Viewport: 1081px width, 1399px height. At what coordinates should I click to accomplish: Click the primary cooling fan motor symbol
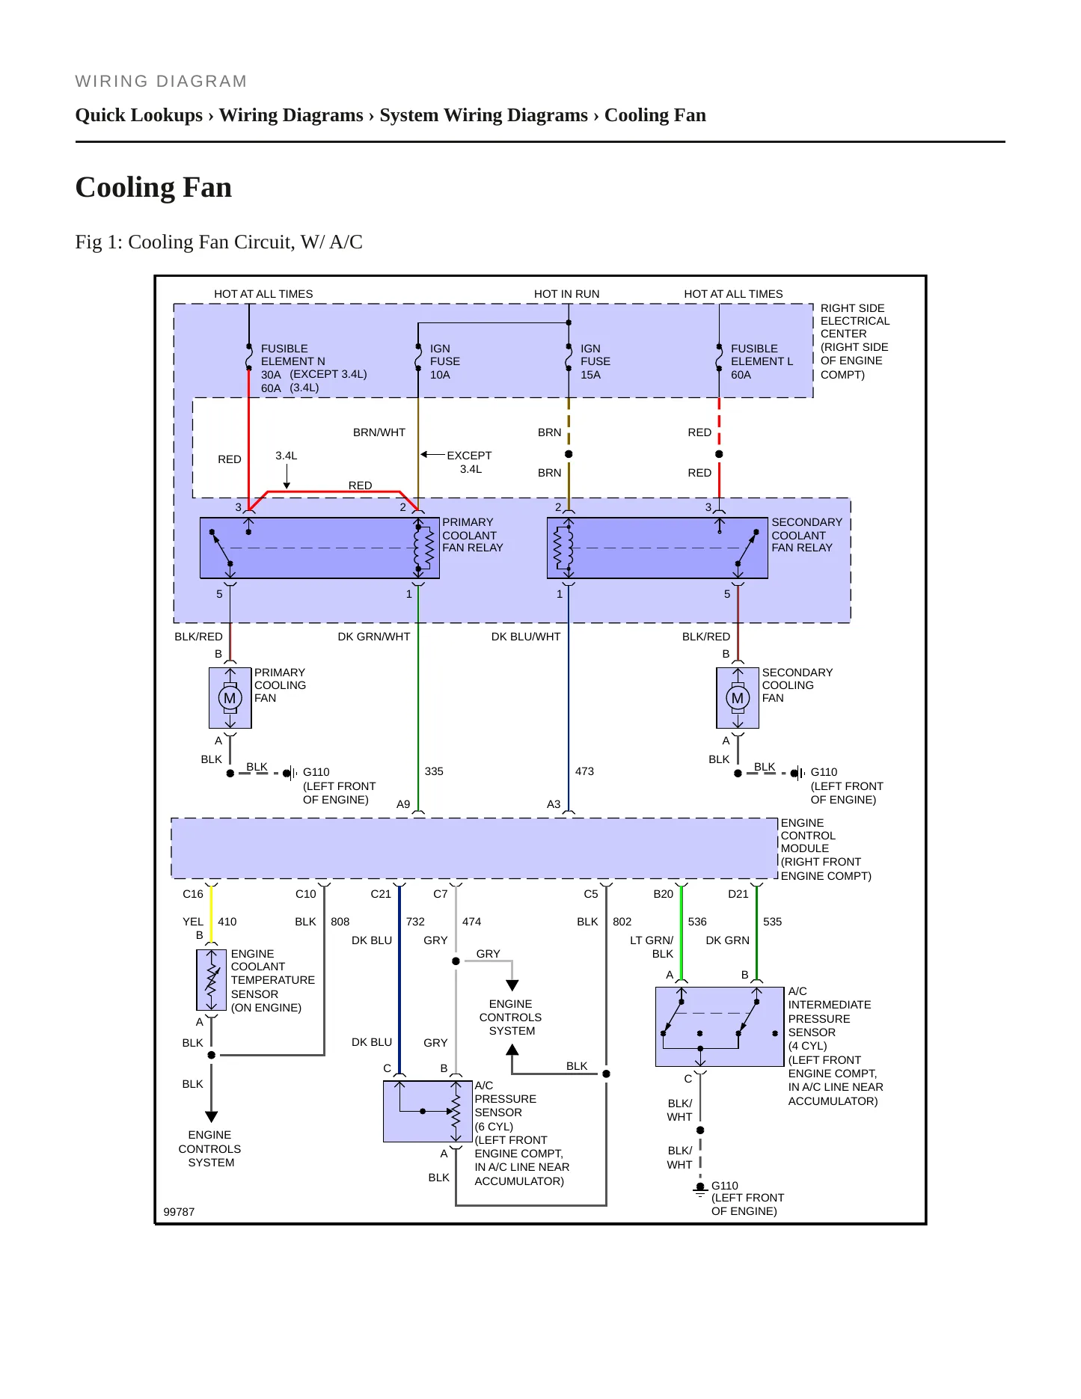(x=230, y=698)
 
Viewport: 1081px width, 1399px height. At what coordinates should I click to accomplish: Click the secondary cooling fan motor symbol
(x=738, y=698)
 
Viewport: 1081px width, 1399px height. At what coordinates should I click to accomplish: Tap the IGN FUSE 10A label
(x=444, y=361)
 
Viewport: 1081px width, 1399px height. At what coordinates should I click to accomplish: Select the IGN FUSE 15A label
(x=595, y=361)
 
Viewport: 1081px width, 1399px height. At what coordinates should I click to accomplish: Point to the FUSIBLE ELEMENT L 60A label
(x=762, y=361)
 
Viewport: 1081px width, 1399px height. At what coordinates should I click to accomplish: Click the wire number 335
(x=434, y=771)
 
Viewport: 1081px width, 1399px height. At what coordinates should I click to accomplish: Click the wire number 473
(x=584, y=771)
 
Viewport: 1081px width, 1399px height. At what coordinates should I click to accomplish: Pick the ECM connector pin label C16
(x=193, y=894)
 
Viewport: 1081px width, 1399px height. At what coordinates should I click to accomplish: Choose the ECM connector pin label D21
(x=738, y=894)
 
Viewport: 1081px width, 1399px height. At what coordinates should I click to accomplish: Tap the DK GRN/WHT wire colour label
(x=374, y=637)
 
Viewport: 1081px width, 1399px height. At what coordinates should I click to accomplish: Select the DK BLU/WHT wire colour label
(x=526, y=637)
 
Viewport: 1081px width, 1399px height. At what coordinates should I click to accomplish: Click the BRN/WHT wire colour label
(x=379, y=432)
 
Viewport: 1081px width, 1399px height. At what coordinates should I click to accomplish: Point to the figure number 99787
(x=179, y=1212)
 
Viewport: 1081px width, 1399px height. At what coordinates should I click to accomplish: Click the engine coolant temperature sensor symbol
(x=212, y=980)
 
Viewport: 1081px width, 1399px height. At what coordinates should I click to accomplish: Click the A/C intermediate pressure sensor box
(x=720, y=1026)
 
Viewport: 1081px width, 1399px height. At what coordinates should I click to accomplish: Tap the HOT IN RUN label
(x=566, y=294)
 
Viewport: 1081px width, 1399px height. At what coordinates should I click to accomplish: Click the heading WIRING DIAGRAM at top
(x=161, y=82)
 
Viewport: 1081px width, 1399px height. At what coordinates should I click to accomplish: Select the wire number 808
(x=340, y=922)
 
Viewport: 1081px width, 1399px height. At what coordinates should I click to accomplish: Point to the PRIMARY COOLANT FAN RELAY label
(x=473, y=535)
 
